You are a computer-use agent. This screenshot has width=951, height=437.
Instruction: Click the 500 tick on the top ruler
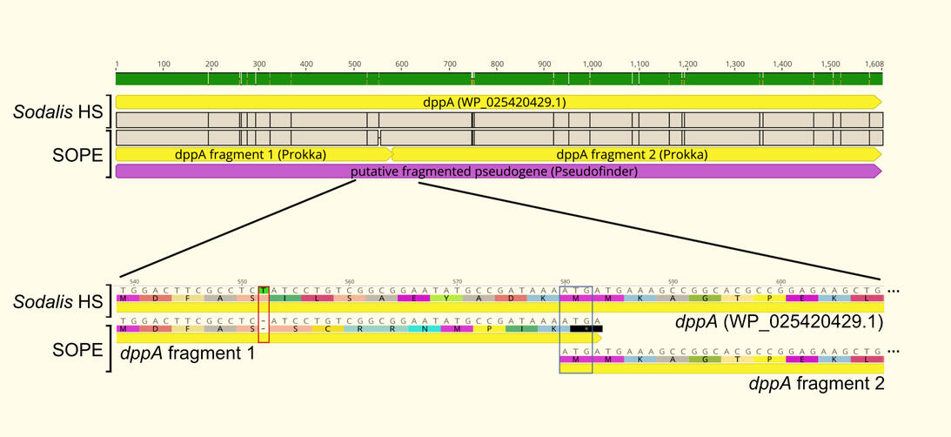(354, 64)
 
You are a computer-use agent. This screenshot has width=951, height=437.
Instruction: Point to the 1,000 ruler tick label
(591, 64)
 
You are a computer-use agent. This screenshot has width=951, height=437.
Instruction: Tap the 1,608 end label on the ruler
(874, 64)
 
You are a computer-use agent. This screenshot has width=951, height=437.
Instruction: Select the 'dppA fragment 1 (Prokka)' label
(250, 155)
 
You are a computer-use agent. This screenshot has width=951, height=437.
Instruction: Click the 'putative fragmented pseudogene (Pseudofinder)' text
(493, 171)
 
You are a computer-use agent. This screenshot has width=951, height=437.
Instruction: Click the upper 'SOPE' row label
(76, 154)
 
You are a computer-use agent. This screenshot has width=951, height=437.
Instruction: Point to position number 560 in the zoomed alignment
(350, 281)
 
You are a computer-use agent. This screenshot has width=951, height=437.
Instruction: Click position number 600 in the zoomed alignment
(780, 281)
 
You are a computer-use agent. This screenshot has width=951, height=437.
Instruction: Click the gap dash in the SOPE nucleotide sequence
(263, 319)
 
